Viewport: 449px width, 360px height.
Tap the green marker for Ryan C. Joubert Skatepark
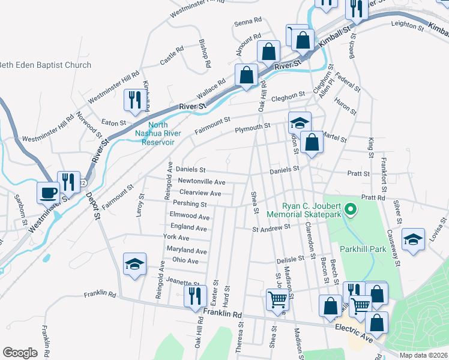pos(352,209)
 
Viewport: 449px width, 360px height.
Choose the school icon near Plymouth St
pos(300,123)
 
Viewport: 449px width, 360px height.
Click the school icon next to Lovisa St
pos(413,239)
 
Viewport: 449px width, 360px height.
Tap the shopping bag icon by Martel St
pos(312,143)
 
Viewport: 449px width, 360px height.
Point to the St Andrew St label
pos(271,227)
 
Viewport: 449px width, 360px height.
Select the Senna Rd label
pos(248,20)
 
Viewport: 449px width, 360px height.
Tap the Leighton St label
pos(403,25)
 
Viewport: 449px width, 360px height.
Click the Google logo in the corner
pos(20,352)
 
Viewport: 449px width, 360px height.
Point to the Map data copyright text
pos(423,355)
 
